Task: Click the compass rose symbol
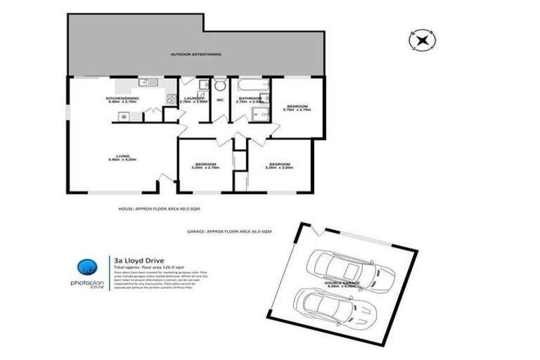pos(422,40)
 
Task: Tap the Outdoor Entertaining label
pos(196,54)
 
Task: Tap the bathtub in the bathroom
pos(248,86)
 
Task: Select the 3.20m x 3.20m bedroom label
pos(280,166)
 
